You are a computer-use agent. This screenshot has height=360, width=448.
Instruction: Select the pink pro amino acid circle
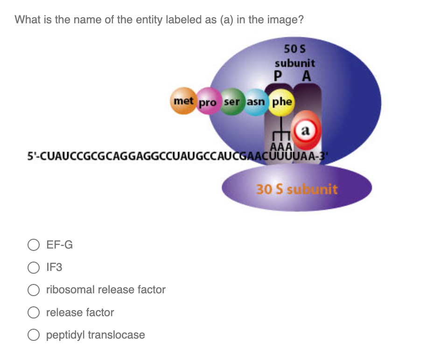(209, 103)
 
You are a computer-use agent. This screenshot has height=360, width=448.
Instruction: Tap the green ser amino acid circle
(232, 102)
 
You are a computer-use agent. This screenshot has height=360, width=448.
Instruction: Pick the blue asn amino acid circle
(255, 102)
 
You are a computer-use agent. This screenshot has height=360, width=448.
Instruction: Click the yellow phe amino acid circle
(282, 101)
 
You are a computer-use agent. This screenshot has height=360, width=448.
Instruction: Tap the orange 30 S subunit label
(296, 189)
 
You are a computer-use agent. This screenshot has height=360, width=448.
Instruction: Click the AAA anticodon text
(282, 147)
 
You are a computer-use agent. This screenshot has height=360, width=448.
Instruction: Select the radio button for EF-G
(33, 245)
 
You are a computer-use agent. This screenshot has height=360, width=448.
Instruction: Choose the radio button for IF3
(33, 267)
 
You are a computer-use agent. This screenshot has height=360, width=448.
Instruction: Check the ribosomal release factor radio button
(33, 290)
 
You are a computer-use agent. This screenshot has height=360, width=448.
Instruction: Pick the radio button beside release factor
(33, 312)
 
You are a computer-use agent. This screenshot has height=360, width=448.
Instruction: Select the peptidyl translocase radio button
(33, 335)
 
